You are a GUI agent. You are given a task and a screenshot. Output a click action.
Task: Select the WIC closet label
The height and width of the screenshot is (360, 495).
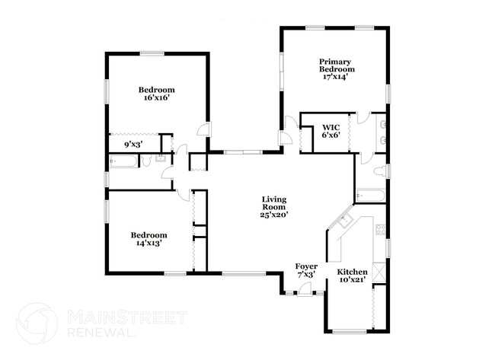tap(331, 127)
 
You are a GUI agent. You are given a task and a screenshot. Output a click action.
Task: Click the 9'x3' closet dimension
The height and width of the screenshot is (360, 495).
tap(134, 143)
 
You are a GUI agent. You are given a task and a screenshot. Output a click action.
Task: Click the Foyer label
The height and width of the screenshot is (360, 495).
tap(306, 266)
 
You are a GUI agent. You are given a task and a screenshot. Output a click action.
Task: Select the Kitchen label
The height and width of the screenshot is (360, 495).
tap(353, 272)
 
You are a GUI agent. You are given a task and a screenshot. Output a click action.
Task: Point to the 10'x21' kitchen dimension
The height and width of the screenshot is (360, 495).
tap(353, 280)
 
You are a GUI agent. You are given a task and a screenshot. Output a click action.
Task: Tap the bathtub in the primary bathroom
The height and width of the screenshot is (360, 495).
tap(371, 194)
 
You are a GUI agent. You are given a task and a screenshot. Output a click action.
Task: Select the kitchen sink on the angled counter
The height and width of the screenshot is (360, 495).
tap(346, 221)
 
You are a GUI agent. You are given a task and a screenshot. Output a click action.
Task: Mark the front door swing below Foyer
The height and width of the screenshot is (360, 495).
tap(305, 288)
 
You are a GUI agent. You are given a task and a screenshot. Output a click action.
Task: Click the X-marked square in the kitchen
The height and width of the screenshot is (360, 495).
tap(380, 272)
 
